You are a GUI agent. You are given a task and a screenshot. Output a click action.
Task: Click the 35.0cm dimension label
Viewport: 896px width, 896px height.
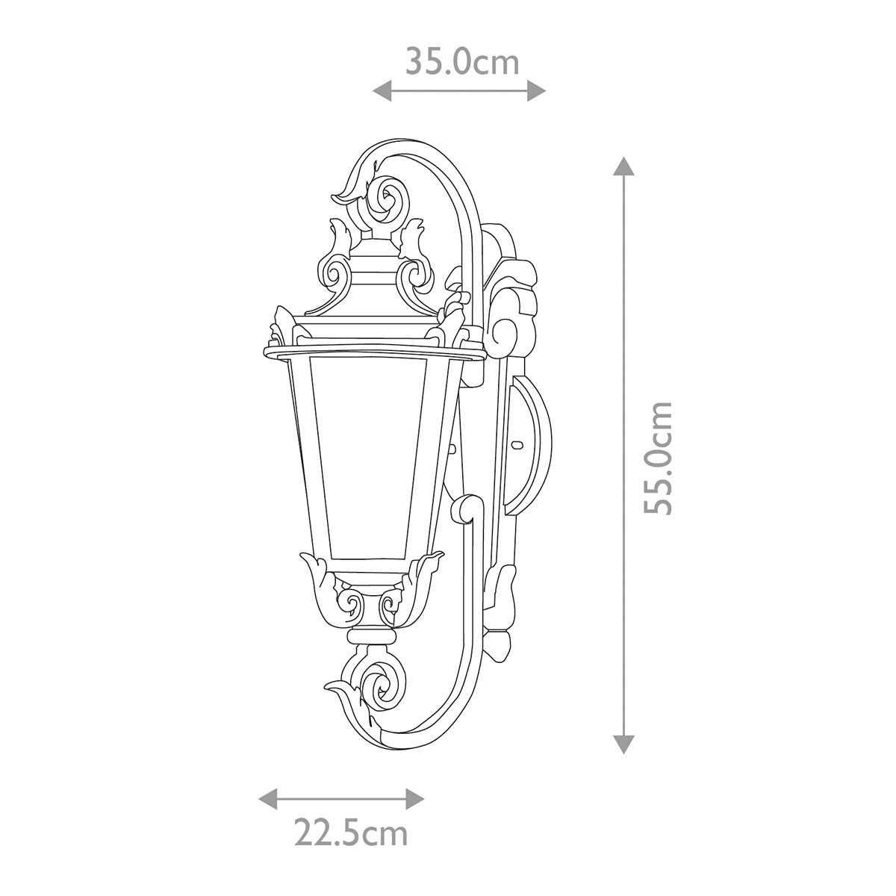tap(461, 62)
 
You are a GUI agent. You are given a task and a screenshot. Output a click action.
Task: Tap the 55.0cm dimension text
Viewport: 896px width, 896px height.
tap(659, 457)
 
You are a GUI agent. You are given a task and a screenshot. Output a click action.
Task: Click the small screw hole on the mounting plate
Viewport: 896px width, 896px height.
tap(515, 446)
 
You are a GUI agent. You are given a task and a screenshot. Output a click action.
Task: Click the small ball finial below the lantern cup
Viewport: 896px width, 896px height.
tap(370, 637)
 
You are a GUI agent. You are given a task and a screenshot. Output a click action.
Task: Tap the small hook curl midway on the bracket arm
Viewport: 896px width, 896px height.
tap(466, 508)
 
